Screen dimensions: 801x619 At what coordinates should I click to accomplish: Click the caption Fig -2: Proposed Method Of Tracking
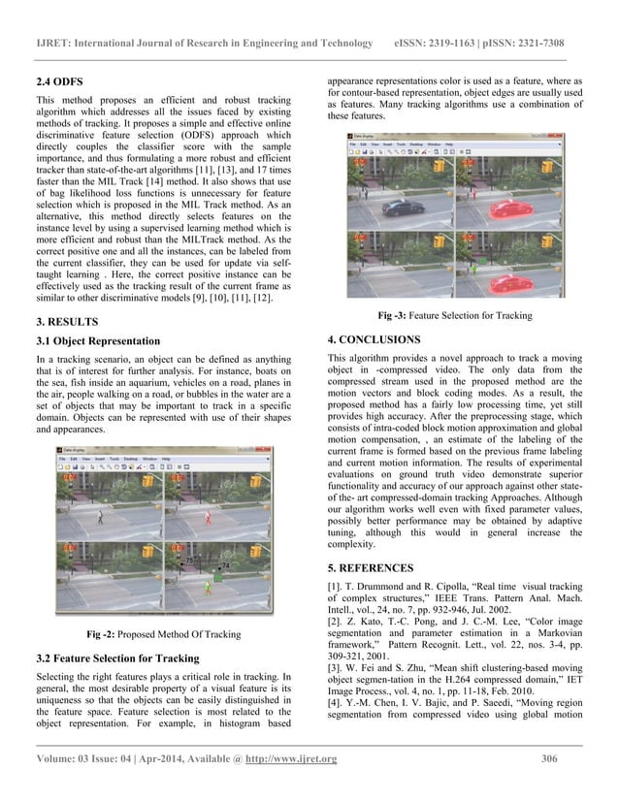tap(164, 636)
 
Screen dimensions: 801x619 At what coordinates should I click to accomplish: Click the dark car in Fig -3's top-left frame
tap(399, 208)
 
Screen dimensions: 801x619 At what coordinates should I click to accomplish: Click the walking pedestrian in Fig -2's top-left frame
tap(101, 518)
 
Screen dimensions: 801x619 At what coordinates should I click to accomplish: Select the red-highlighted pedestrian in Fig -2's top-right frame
tap(207, 519)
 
